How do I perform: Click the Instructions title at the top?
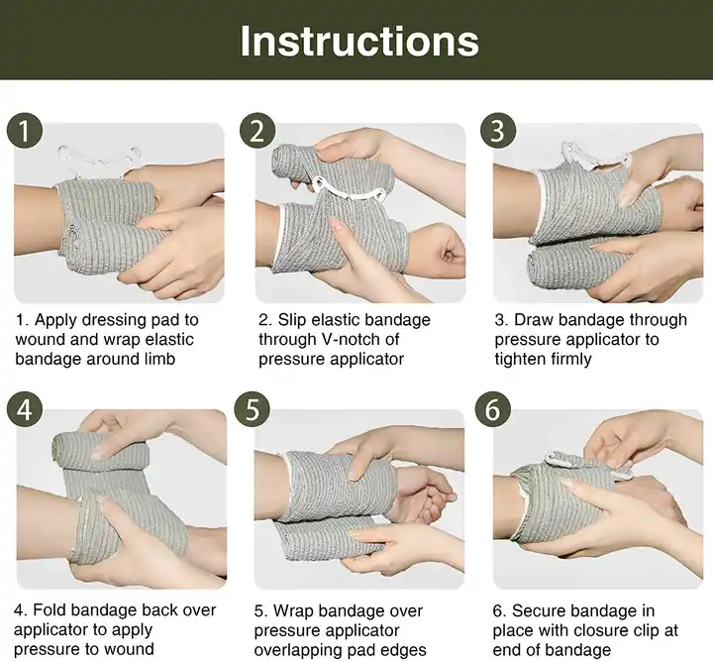[x=359, y=41]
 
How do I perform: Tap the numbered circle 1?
[x=25, y=130]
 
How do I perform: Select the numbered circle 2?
[x=257, y=130]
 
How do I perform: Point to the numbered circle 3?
[x=498, y=130]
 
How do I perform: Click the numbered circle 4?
[x=25, y=409]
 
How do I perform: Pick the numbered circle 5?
[x=253, y=409]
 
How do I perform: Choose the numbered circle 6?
[x=493, y=409]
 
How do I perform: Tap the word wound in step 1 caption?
[x=38, y=340]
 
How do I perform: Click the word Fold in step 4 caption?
[x=50, y=610]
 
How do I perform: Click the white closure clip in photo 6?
[x=591, y=465]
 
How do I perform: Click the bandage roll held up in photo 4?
[x=102, y=450]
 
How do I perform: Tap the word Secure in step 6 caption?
[x=538, y=610]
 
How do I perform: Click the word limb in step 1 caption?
[x=158, y=360]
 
